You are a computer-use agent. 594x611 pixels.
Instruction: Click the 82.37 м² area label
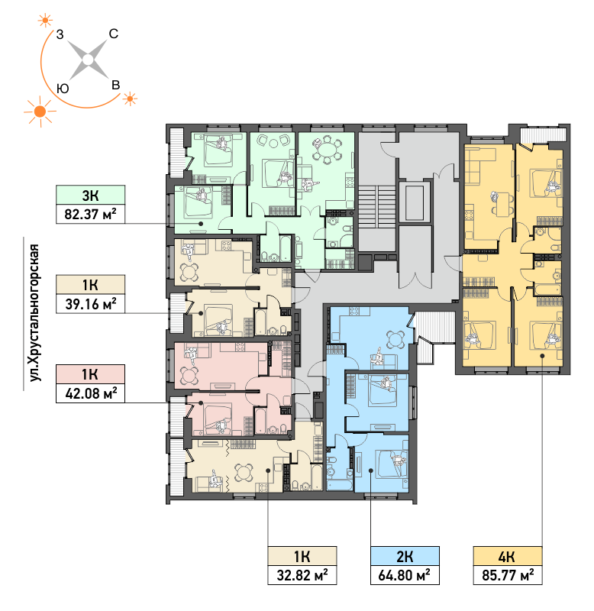point(90,214)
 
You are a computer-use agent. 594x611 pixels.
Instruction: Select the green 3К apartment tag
point(90,195)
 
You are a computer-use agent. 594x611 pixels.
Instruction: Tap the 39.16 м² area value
point(90,303)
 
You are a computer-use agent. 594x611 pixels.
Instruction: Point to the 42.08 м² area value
point(91,393)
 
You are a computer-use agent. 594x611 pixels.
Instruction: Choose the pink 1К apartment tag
point(90,374)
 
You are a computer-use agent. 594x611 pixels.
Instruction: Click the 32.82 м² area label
point(302,575)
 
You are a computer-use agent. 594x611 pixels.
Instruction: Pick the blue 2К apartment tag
point(405,556)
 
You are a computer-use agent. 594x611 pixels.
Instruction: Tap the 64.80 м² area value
point(405,575)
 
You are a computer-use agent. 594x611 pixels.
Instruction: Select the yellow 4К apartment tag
point(508,556)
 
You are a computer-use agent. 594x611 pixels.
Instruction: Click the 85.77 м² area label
point(508,575)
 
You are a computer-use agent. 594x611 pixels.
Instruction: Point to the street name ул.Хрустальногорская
point(34,313)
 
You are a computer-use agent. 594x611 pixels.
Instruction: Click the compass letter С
point(113,34)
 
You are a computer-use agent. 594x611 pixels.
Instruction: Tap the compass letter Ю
point(63,89)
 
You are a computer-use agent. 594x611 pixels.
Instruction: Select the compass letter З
point(60,34)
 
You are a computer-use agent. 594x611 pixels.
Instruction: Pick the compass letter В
point(116,85)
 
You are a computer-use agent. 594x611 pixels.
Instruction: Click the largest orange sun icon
point(40,112)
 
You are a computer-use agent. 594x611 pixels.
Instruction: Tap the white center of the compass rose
point(89,60)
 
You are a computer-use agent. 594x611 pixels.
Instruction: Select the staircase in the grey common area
point(376,205)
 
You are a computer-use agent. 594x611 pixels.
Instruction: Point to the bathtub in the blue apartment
point(340,485)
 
